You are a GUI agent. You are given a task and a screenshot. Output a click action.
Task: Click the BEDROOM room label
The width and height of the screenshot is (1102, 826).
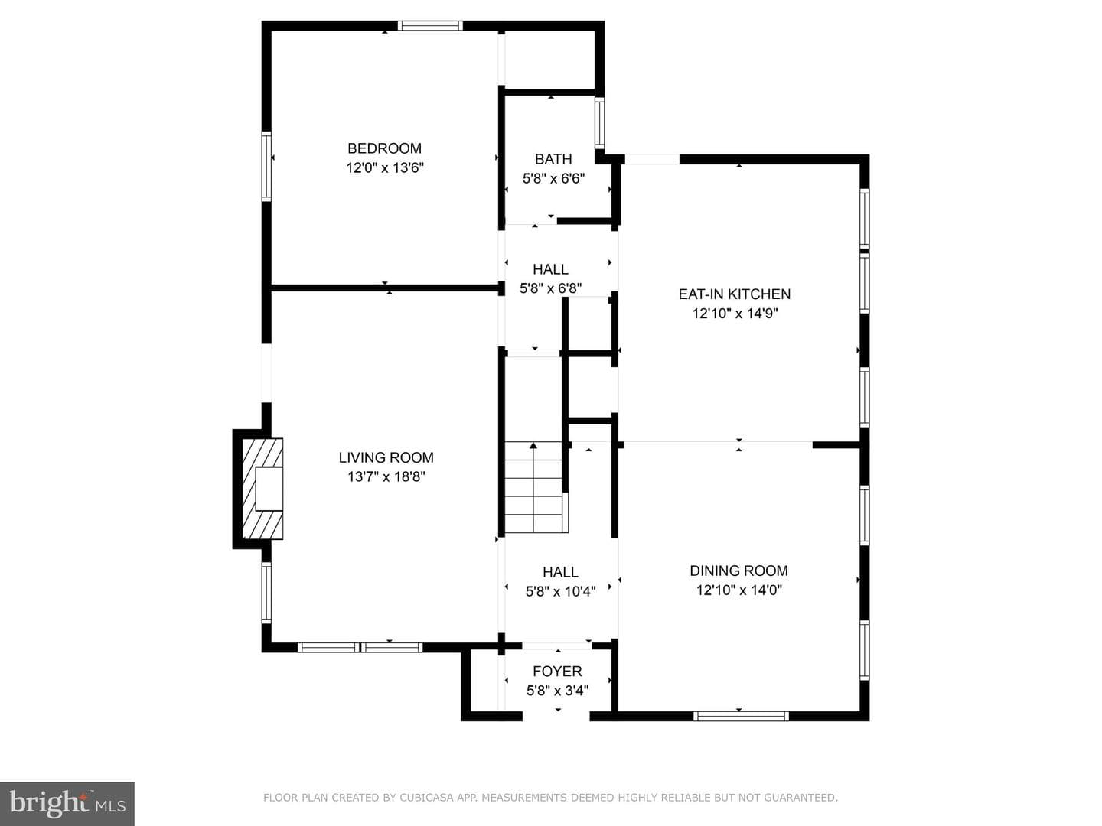coord(385,148)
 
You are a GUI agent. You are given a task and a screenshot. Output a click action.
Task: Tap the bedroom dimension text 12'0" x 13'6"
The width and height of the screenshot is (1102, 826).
coord(385,167)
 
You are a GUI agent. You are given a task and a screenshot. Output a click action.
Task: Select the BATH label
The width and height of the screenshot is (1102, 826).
coord(553,159)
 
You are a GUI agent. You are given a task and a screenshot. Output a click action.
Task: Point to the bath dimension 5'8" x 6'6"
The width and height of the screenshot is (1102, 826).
coord(553,178)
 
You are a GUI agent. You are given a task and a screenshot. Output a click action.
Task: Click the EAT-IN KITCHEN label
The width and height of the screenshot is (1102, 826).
coord(735,294)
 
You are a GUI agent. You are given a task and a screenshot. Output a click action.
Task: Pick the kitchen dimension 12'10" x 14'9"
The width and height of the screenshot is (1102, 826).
coord(735,314)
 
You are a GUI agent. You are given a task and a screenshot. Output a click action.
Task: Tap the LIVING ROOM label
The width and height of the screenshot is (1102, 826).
coord(386,457)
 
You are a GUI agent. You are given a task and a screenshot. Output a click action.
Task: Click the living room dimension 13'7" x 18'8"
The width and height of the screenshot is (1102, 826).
coord(386,476)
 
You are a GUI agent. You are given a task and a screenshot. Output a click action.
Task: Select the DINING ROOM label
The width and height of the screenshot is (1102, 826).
coord(738,571)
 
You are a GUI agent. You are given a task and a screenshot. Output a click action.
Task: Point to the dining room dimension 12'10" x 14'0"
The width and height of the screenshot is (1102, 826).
coord(739,590)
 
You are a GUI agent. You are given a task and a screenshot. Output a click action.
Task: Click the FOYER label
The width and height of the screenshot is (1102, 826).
coord(557,671)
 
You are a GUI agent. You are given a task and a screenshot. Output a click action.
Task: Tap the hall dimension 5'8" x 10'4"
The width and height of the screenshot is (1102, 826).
coord(560,591)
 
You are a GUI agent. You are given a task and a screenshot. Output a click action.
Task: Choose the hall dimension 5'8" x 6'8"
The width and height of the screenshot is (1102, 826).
coord(550,288)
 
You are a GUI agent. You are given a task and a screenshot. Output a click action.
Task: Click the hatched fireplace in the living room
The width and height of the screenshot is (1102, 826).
coord(262,489)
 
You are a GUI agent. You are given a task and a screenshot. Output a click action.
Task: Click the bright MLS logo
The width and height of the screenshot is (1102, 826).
coord(67,804)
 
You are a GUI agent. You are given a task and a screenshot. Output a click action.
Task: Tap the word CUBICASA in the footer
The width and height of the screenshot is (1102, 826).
coord(426,798)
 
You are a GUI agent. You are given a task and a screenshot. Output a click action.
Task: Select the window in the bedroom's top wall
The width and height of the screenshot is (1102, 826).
coord(430,25)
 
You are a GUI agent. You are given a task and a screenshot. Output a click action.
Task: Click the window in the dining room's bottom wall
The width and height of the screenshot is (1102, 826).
coord(741,716)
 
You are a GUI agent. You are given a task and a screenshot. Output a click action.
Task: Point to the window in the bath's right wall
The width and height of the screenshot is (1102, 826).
coord(599,123)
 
